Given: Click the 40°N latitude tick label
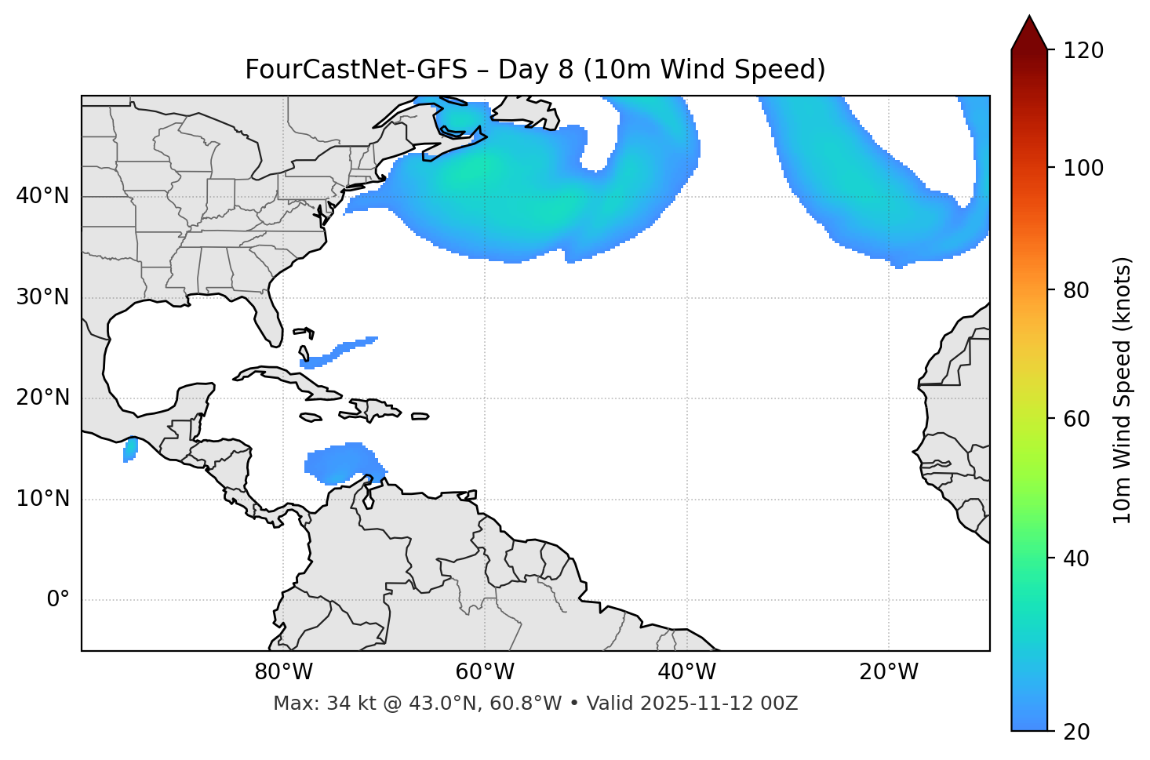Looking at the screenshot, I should point(42,196).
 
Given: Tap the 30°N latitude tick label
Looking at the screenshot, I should point(42,297).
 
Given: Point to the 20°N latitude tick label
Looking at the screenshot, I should point(42,398).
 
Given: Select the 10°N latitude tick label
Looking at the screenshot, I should point(42,499).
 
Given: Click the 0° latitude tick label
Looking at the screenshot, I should point(58,600).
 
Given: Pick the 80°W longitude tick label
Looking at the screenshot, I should point(283,672).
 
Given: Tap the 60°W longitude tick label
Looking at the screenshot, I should point(485,672).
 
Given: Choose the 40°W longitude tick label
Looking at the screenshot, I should point(686,672).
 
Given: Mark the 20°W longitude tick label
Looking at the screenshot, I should point(888,672).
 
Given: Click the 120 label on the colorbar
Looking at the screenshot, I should point(1083,51).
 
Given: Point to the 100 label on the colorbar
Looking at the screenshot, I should point(1083,168).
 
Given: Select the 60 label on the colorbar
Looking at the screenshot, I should point(1076,419).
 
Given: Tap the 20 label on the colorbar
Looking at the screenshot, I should point(1076,732).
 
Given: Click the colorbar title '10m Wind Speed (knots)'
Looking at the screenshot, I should point(1123,390).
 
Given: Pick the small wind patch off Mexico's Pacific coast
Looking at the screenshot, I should point(130,450).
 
